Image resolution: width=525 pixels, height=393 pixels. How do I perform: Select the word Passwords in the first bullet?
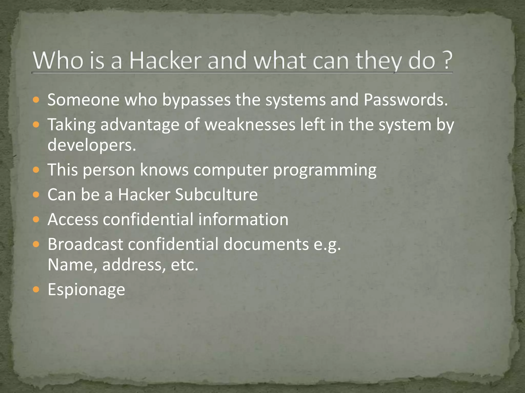pos(406,100)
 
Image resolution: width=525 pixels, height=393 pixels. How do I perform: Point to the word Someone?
pos(83,100)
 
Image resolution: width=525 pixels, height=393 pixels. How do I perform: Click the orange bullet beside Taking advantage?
pos(36,125)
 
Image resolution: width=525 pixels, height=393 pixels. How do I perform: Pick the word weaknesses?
pos(250,125)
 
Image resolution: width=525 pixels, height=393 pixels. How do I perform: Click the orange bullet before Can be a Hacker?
pos(36,195)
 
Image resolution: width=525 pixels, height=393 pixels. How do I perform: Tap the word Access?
pos(73,220)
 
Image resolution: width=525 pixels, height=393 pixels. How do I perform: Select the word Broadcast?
pos(85,244)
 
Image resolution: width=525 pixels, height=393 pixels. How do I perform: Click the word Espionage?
pos(86,290)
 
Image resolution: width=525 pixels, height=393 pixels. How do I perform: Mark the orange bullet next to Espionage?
pos(36,289)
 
